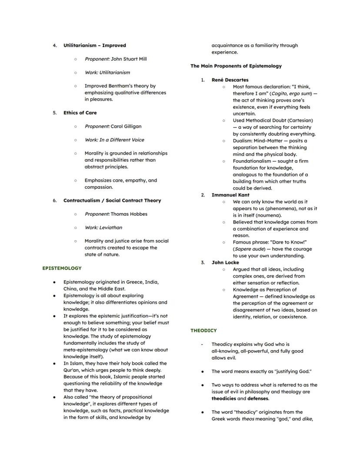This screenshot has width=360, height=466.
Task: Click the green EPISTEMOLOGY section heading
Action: pyautogui.click(x=62, y=268)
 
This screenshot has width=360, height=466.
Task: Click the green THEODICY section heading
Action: pyautogui.click(x=203, y=330)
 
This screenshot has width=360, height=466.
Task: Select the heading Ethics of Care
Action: pyautogui.click(x=80, y=113)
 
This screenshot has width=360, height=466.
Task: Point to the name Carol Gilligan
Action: pyautogui.click(x=126, y=126)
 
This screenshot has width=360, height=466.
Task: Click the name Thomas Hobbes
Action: pyautogui.click(x=129, y=214)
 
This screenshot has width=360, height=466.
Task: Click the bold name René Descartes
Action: pyautogui.click(x=230, y=80)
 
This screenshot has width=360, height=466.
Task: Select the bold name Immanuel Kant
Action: pyautogui.click(x=230, y=195)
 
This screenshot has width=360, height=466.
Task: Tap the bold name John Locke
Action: pyautogui.click(x=225, y=263)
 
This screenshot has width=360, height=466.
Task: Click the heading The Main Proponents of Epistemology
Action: pyautogui.click(x=236, y=66)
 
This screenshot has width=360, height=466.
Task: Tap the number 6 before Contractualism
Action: pyautogui.click(x=55, y=201)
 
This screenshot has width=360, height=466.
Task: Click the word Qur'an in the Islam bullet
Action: pyautogui.click(x=71, y=370)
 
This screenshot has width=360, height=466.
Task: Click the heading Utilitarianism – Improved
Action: pyautogui.click(x=94, y=45)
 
